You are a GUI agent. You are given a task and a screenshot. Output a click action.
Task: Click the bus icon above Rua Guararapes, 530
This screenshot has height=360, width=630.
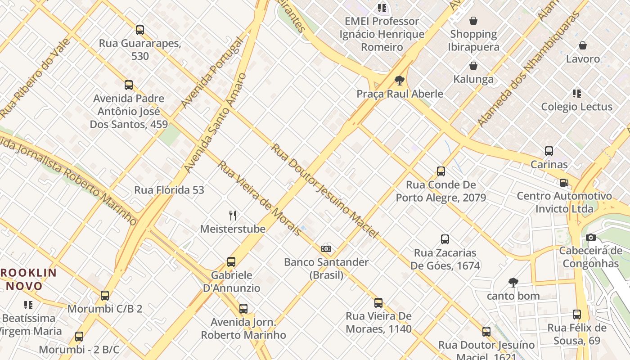tap(140, 30)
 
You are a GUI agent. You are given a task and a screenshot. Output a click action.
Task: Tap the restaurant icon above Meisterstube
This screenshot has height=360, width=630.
tap(233, 216)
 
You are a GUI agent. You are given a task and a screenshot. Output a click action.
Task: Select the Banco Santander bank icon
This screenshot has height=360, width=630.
tap(327, 249)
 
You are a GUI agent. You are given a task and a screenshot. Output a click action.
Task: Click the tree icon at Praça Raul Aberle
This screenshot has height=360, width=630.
tap(399, 81)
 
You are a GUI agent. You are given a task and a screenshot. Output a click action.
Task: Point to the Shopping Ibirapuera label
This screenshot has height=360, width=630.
tap(473, 40)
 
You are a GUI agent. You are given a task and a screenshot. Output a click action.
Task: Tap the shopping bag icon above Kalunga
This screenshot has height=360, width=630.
tap(473, 66)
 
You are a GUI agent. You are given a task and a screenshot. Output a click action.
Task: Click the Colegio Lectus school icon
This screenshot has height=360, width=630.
tap(577, 94)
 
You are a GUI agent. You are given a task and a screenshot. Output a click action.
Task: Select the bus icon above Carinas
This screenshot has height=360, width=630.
tap(549, 151)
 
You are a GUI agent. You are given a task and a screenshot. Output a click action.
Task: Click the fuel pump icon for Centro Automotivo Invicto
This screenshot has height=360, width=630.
tap(564, 183)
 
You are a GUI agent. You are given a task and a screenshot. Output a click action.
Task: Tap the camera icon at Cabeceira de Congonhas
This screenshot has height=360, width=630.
tap(591, 238)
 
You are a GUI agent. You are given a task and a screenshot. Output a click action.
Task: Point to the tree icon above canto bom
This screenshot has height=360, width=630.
tap(513, 283)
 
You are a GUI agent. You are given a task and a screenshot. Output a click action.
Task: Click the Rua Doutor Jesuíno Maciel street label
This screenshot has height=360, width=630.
tap(324, 191)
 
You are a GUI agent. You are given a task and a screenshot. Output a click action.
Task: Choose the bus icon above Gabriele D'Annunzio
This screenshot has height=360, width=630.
tap(231, 262)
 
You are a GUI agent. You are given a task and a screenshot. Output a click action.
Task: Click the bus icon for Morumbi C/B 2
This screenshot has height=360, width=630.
tap(105, 296)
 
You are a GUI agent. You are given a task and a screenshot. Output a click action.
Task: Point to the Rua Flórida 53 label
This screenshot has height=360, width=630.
tap(169, 190)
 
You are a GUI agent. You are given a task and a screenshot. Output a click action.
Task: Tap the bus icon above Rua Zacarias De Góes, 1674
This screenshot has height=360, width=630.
tap(445, 239)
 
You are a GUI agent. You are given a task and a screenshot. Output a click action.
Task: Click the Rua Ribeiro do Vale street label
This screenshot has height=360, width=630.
tap(35, 78)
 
